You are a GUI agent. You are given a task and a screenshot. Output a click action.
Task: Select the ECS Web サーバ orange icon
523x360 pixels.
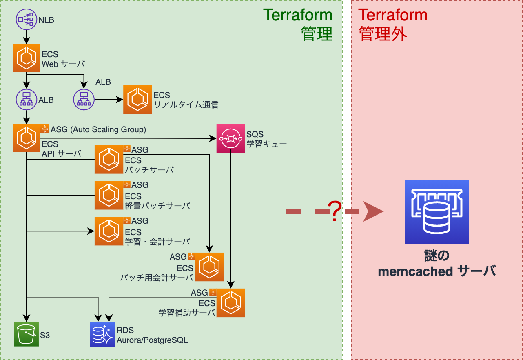point(27,58)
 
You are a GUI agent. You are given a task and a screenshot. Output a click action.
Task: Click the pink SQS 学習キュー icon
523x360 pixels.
point(230,138)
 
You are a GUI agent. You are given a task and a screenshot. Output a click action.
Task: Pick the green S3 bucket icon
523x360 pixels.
point(27,334)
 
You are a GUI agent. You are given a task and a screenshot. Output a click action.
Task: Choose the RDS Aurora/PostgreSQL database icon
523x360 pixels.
point(102,334)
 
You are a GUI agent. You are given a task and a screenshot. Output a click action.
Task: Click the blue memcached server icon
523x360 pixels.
point(437,211)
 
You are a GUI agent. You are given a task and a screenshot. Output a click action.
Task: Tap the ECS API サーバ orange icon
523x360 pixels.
point(27,138)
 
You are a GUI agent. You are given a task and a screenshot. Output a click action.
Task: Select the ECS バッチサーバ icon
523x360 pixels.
point(109,159)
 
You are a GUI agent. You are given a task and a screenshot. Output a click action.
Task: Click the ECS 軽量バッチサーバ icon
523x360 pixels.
point(109,195)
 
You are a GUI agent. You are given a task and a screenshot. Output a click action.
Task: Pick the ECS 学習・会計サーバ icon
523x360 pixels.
point(109,231)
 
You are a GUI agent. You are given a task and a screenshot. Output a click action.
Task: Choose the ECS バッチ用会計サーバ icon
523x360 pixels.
point(209,267)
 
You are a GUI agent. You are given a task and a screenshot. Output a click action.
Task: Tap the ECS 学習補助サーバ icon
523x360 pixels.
point(231,303)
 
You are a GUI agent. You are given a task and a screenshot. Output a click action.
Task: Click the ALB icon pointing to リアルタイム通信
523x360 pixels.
point(84,99)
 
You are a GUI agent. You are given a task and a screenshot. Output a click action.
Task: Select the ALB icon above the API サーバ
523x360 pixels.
point(27,99)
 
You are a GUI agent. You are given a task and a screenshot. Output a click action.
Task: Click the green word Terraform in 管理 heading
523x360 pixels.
point(298,15)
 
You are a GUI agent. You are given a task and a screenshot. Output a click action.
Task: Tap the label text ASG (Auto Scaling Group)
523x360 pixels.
point(98,130)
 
